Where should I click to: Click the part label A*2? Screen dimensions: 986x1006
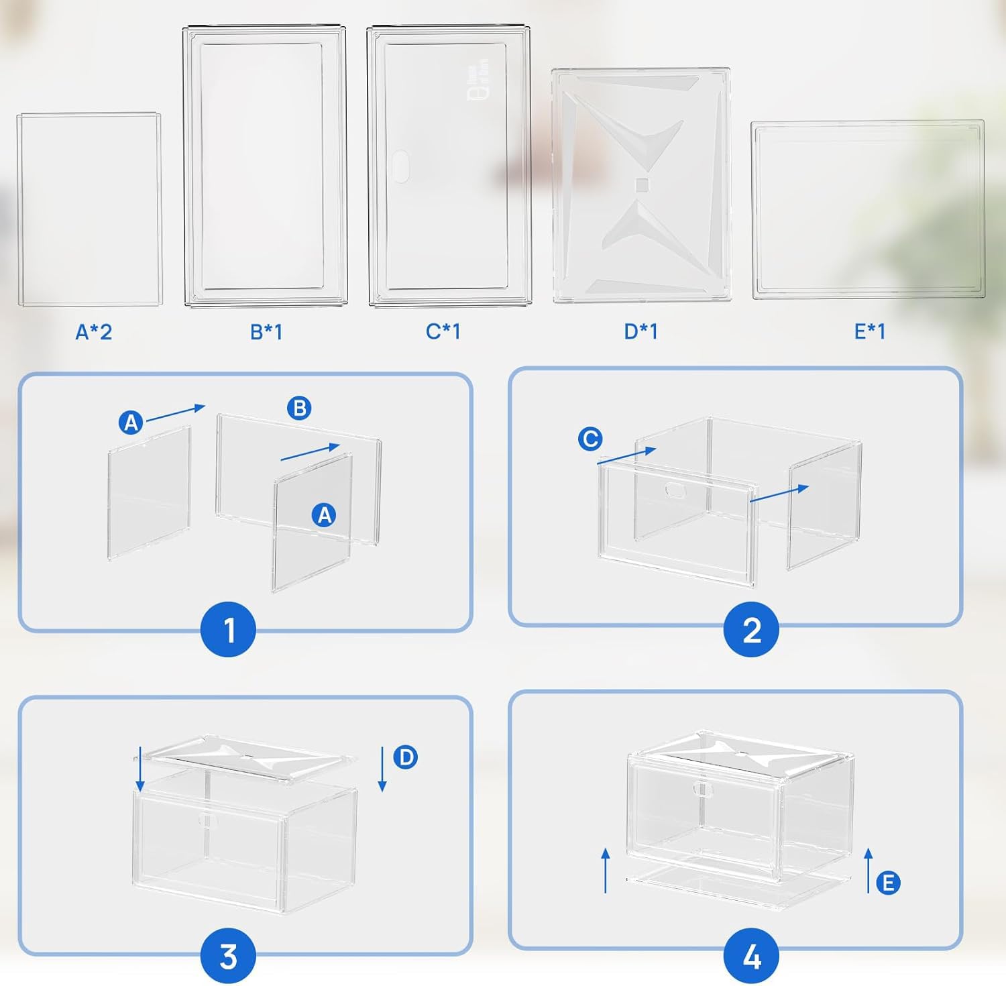(x=93, y=331)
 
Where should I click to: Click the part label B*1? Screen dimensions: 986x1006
(x=266, y=331)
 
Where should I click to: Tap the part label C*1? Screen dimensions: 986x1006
(x=443, y=331)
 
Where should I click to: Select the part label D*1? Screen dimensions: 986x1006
(x=640, y=331)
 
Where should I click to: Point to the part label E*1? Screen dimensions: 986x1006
(x=869, y=331)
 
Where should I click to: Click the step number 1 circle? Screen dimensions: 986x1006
(x=229, y=630)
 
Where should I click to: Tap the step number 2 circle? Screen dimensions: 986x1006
(x=751, y=630)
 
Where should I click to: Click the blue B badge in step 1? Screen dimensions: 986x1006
(x=299, y=408)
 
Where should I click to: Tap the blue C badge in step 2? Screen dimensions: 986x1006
(x=590, y=439)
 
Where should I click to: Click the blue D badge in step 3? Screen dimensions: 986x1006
(x=405, y=757)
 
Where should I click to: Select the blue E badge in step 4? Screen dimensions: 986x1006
(x=888, y=883)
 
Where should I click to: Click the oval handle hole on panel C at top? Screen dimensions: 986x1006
(x=400, y=166)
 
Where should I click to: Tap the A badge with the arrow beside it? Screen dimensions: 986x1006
(x=131, y=423)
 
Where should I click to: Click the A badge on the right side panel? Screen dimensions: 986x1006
(x=325, y=515)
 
